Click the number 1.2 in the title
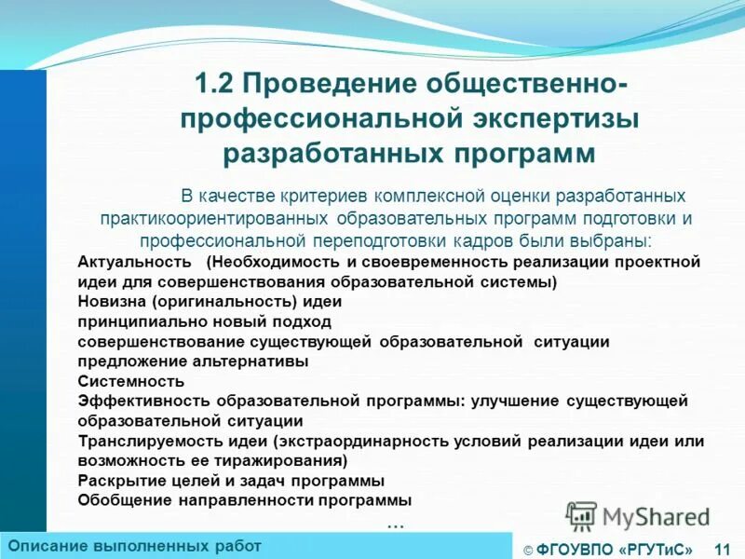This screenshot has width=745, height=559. click(x=214, y=86)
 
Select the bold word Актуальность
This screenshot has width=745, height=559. click(x=135, y=262)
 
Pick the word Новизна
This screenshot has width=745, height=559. click(x=108, y=302)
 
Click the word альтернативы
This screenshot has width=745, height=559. click(x=255, y=361)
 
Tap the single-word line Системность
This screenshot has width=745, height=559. click(x=131, y=381)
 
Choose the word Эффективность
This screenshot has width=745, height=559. click(x=143, y=401)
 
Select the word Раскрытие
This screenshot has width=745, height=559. click(x=116, y=481)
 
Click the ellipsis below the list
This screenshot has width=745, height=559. click(x=395, y=523)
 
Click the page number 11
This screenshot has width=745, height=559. click(x=722, y=550)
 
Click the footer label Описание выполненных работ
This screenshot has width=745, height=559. click(x=134, y=545)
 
